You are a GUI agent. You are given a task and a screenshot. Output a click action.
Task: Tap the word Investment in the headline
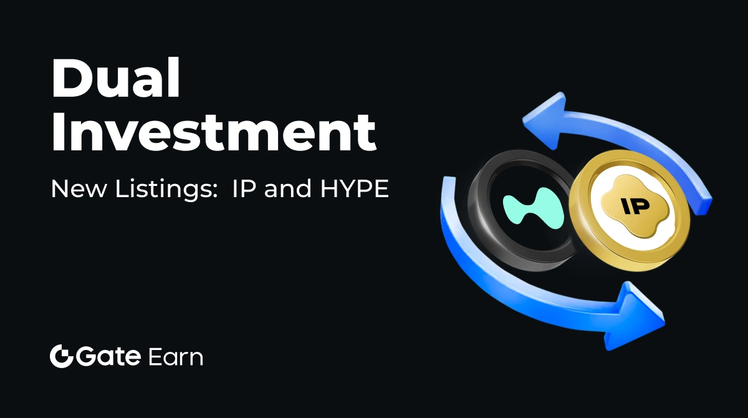(x=214, y=132)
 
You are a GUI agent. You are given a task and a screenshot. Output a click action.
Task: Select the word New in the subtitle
(x=78, y=189)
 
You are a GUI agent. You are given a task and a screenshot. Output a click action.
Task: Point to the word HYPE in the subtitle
(x=355, y=189)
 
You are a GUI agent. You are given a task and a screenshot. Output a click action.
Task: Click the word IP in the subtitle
(x=244, y=189)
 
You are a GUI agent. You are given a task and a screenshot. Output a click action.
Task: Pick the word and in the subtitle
(x=287, y=189)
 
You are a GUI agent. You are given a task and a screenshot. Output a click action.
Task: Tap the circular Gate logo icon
(x=62, y=356)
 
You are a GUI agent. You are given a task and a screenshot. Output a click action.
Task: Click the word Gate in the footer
(x=108, y=356)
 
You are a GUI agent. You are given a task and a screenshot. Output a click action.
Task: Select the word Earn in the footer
(x=176, y=357)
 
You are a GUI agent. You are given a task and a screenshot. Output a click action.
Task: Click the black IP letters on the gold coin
(x=635, y=206)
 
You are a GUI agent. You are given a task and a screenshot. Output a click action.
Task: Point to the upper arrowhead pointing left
(x=547, y=120)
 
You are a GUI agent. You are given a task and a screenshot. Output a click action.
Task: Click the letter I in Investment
(x=57, y=132)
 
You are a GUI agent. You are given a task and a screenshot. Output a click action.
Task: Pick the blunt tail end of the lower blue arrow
(x=448, y=180)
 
